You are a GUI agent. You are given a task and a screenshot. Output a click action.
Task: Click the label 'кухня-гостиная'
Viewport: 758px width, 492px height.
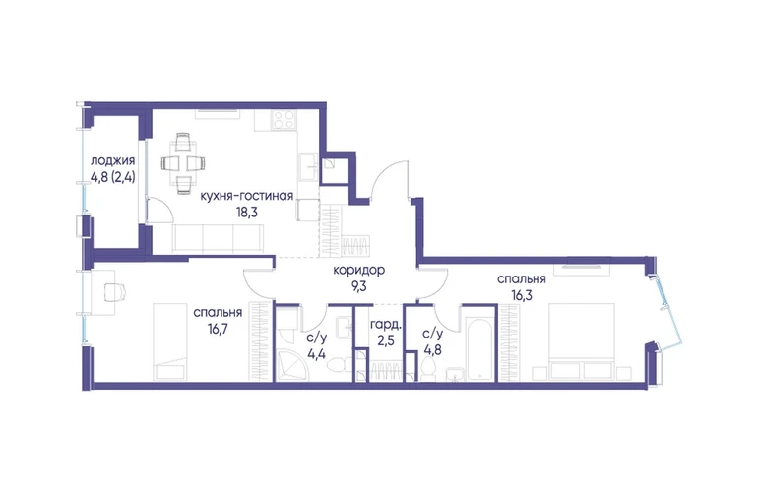tap(246, 196)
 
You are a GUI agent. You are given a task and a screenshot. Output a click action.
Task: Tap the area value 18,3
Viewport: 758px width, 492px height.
tap(246, 213)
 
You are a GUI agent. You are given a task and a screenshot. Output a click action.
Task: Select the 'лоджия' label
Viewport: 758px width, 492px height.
tap(112, 161)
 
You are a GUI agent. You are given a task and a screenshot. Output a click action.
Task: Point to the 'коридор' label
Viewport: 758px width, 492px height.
tap(358, 271)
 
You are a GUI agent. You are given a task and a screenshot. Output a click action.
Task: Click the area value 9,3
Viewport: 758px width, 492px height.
tap(358, 286)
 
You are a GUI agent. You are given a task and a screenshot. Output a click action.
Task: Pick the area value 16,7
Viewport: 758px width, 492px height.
tap(218, 329)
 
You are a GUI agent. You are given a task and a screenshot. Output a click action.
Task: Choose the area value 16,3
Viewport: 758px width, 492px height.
tap(522, 295)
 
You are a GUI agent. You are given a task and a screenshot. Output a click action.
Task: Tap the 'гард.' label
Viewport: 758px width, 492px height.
tap(386, 325)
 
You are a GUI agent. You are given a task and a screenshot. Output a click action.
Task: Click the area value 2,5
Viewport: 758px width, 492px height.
tap(386, 340)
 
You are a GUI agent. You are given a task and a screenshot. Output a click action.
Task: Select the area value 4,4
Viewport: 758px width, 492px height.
tap(317, 353)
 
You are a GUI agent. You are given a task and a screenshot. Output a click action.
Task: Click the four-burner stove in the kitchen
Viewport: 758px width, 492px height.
tap(284, 120)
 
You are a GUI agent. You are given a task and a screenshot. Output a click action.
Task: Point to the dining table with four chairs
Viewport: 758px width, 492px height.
tap(183, 163)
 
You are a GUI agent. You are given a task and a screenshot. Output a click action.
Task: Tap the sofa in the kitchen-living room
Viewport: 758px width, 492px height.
tap(219, 239)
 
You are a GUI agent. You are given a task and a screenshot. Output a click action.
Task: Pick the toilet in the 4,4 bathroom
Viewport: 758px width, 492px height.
tap(335, 365)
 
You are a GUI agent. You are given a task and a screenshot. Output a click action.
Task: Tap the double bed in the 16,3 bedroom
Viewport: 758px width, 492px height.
tap(582, 341)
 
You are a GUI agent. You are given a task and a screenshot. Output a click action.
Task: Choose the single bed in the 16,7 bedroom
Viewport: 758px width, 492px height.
tap(170, 341)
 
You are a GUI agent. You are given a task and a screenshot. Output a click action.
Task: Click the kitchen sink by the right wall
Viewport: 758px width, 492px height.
tap(309, 167)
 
